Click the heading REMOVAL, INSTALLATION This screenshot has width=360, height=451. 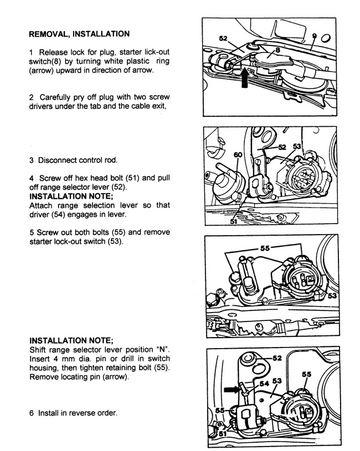click(x=79, y=34)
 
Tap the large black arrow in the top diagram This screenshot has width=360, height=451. click(x=245, y=77)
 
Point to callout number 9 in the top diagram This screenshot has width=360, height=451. click(x=314, y=36)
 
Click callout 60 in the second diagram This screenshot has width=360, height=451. click(x=238, y=155)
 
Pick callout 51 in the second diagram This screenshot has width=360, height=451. click(x=234, y=221)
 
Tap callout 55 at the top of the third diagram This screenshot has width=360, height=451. click(x=265, y=248)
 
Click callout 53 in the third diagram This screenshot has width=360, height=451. click(x=332, y=295)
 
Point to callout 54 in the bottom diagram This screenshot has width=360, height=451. click(x=264, y=383)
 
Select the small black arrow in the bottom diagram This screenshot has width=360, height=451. click(x=232, y=388)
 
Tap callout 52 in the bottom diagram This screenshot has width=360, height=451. click(x=277, y=358)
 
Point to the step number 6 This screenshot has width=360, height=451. click(x=31, y=413)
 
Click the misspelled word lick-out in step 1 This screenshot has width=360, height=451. click(x=157, y=52)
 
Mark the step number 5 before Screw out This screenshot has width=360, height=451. click(x=31, y=232)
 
